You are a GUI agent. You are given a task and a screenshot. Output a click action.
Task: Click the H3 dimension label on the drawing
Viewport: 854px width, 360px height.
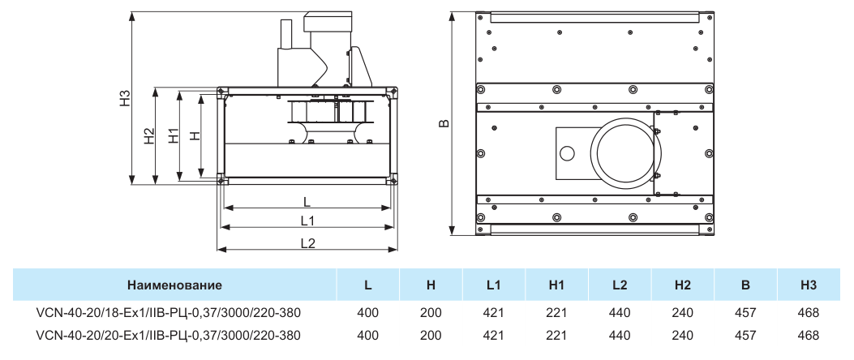point(126,98)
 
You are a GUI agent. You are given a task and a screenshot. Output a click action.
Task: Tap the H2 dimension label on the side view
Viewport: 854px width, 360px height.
point(149,136)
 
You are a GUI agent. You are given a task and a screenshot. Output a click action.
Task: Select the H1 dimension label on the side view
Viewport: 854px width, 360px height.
point(174,135)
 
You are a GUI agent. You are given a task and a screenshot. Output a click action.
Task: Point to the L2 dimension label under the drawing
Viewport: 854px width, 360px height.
point(307,243)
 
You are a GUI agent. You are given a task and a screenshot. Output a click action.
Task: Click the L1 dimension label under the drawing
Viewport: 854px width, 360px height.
point(307,221)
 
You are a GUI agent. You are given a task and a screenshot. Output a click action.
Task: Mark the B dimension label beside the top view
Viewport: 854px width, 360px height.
point(444,123)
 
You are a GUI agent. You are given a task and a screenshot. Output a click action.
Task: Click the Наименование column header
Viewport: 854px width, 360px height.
point(175,285)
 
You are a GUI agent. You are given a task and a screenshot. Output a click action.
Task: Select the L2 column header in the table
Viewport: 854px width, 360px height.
point(620,285)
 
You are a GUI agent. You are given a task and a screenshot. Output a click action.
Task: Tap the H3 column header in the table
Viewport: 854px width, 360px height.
point(809,285)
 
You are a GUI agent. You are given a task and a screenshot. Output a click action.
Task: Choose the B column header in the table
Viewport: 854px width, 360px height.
point(745,285)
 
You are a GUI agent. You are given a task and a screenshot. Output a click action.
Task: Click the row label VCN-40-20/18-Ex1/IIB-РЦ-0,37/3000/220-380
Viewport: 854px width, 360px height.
point(168,313)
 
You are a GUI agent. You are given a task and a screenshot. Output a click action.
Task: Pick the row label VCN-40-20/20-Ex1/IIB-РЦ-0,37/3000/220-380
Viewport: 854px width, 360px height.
point(168,335)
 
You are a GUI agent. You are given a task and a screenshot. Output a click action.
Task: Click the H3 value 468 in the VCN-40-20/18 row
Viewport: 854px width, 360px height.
point(809,313)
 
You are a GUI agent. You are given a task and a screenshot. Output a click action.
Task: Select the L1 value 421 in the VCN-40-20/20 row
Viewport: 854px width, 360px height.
point(494,335)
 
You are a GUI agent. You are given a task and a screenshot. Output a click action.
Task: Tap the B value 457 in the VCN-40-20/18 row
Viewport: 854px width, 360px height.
point(745,313)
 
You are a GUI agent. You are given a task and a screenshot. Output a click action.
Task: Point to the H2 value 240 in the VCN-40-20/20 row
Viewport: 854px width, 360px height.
point(682,335)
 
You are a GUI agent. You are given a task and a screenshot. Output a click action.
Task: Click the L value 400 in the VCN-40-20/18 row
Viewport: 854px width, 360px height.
point(368,313)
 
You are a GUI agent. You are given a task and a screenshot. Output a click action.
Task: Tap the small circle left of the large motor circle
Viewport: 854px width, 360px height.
point(567,153)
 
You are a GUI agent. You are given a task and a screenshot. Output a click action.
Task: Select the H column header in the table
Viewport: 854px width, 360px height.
point(431,285)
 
